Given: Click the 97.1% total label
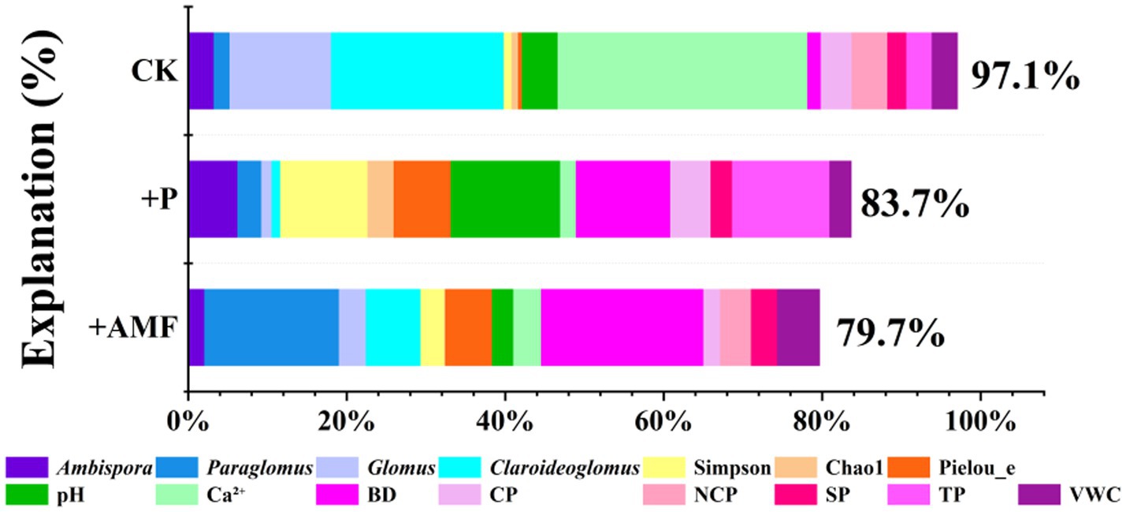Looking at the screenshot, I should (1024, 77).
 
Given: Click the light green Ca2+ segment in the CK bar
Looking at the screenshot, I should (682, 70).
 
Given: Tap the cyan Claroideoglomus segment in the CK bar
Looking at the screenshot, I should (417, 70).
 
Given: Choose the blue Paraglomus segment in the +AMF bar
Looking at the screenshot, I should (271, 327).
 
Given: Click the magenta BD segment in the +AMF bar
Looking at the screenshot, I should (622, 327).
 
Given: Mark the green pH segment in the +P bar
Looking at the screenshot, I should (505, 198).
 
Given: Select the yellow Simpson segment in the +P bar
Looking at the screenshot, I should (324, 198).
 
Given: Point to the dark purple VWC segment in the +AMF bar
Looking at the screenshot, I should (798, 327).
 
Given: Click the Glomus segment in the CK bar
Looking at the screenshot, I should (280, 70).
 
